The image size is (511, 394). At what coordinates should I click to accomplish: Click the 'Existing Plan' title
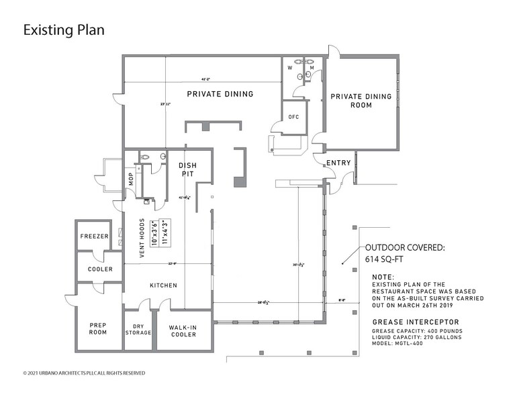(x=64, y=30)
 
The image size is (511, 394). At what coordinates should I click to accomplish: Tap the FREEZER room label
(x=95, y=236)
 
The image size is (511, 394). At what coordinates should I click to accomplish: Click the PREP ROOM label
(x=98, y=328)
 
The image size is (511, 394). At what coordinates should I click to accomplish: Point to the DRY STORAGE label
(x=138, y=329)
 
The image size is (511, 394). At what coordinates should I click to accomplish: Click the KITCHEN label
(x=163, y=285)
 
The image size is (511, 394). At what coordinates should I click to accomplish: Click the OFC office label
(x=293, y=116)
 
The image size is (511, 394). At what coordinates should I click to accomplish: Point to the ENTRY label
(x=338, y=163)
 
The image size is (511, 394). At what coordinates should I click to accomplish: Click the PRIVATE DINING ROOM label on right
(x=361, y=101)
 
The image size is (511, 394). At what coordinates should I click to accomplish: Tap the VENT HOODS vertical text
(x=142, y=238)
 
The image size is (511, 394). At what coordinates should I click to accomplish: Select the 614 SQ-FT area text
(x=382, y=259)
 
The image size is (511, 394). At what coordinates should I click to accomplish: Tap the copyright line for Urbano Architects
(x=84, y=373)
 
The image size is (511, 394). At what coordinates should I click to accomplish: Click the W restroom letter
(x=290, y=68)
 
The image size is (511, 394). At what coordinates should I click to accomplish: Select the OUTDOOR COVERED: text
(x=404, y=247)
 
